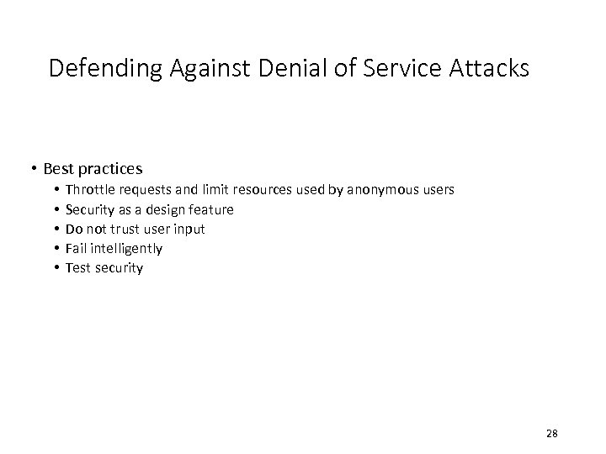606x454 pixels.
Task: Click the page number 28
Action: (552, 433)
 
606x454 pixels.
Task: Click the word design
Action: (165, 209)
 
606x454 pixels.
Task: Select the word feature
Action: (211, 209)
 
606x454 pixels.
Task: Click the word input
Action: (189, 229)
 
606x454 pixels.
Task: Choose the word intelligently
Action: (125, 249)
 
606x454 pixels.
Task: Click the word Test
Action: (77, 268)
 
